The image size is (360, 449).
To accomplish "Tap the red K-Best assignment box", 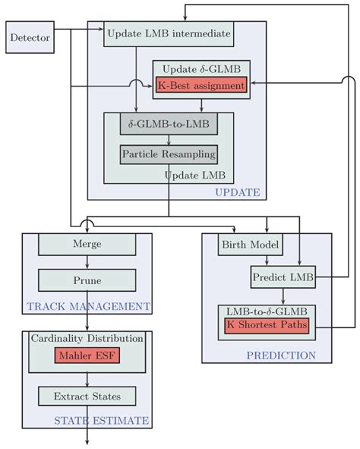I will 201,86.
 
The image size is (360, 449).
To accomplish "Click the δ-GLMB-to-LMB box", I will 169,123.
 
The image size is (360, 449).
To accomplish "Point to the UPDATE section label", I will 238,192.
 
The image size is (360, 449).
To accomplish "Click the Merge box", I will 87,244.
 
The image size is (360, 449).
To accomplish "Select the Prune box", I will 87,280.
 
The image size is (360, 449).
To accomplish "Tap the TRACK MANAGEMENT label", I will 87,307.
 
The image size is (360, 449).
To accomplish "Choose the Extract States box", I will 87,396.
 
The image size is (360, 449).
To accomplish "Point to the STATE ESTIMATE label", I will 101,420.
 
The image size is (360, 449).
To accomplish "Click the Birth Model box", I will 251,245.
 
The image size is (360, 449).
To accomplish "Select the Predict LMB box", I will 283,277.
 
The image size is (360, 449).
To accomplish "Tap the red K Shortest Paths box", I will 267,324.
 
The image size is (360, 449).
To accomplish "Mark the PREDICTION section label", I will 280,355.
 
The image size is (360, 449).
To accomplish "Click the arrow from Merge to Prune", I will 87,262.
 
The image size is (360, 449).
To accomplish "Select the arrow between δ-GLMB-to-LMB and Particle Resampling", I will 169,139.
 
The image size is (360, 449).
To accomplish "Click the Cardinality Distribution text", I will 87,338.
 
